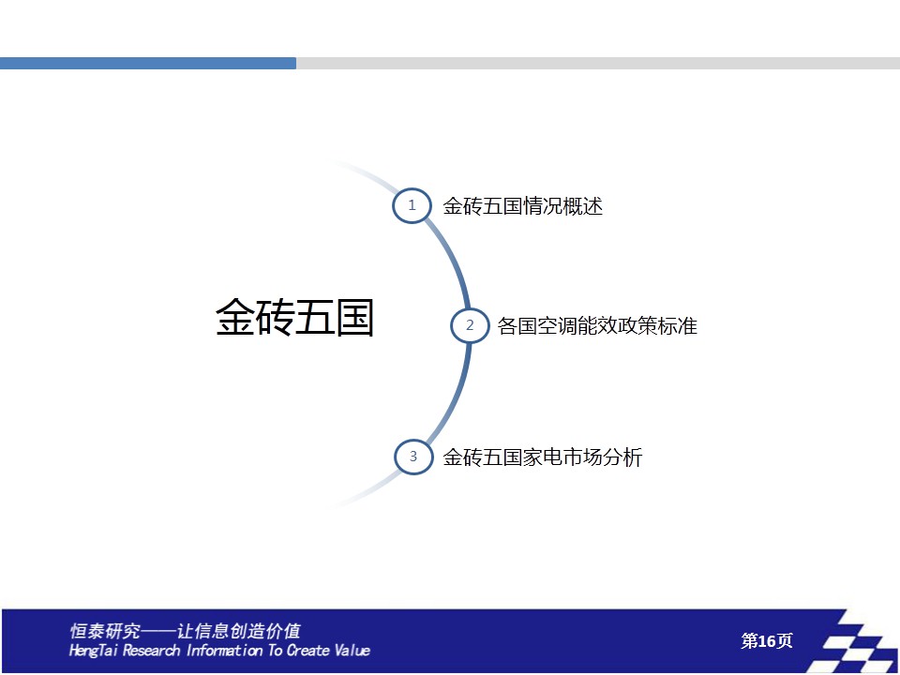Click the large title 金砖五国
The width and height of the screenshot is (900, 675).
click(x=294, y=317)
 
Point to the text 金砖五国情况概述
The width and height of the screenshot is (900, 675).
click(x=522, y=206)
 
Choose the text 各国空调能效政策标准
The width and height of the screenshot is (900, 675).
click(x=597, y=326)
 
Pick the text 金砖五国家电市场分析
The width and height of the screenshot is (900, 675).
click(x=543, y=457)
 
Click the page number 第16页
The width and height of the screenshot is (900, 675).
click(x=766, y=640)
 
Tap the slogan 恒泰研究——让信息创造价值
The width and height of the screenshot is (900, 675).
click(x=185, y=631)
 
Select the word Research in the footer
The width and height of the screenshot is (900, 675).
click(x=151, y=650)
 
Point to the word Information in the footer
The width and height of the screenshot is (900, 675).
click(x=225, y=650)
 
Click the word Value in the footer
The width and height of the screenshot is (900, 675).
click(x=352, y=650)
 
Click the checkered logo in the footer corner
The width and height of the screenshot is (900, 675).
click(x=856, y=641)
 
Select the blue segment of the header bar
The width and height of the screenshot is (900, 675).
click(x=148, y=63)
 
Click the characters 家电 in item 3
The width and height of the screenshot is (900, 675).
click(x=543, y=457)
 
